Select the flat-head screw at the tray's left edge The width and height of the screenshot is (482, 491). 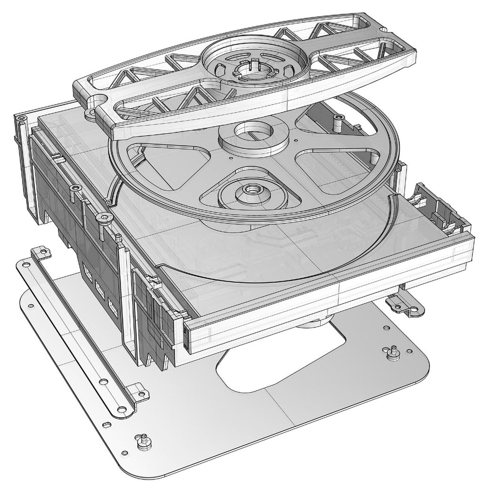click(x=102, y=217)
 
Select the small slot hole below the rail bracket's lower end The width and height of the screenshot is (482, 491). click(x=108, y=424)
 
